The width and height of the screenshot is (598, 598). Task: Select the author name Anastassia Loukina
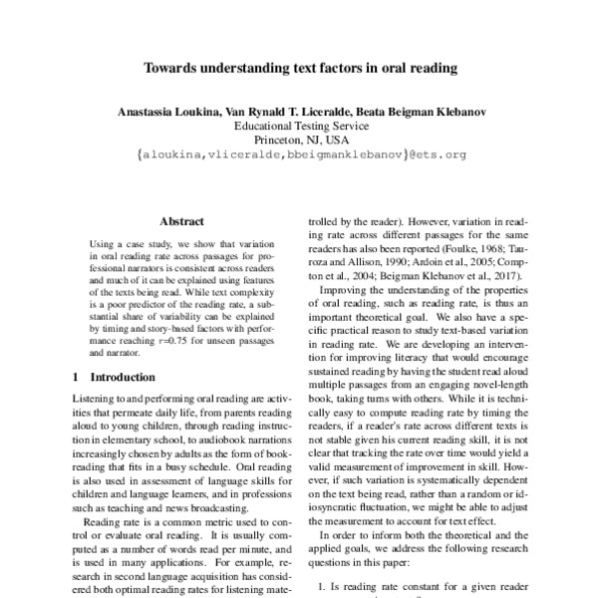(163, 113)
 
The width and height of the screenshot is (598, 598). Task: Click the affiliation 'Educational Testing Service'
(299, 127)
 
